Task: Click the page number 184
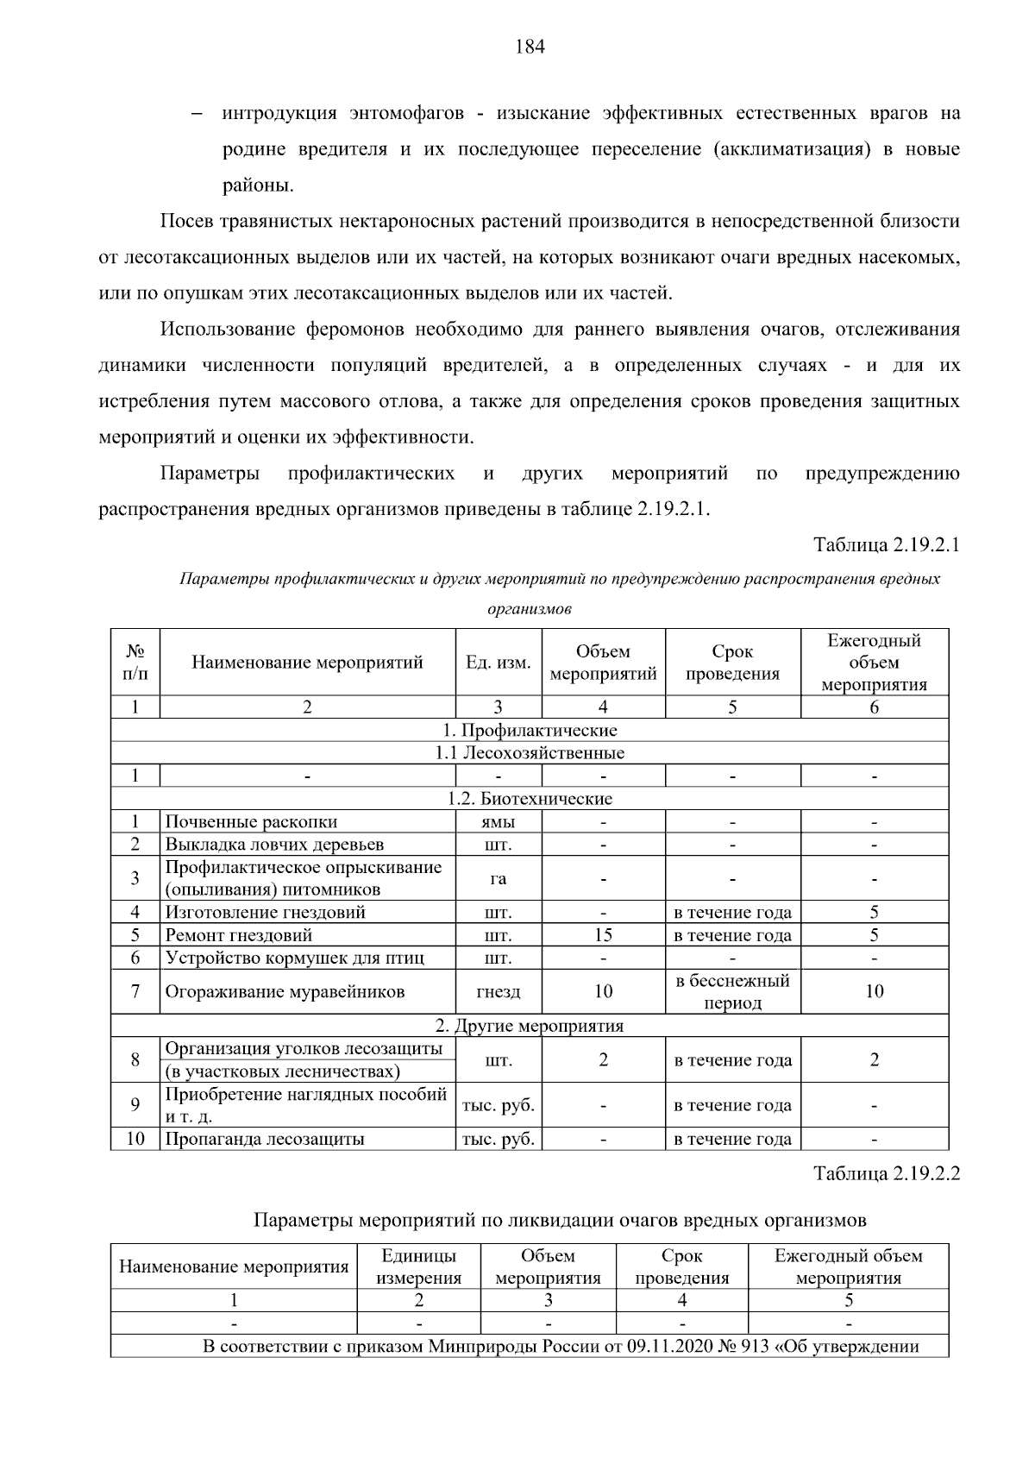tap(530, 47)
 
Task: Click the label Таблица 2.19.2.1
tap(887, 545)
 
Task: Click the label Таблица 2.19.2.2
tap(887, 1174)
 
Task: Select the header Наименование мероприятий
tap(307, 663)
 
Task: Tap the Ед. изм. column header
tap(499, 663)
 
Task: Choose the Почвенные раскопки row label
tap(251, 822)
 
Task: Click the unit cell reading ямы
tap(498, 822)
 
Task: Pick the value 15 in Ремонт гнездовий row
tap(603, 935)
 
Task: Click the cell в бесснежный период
tap(732, 992)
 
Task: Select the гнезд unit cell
tap(498, 992)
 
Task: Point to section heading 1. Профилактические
tap(530, 731)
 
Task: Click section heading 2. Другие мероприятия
tap(529, 1026)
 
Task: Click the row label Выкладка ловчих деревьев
tap(274, 845)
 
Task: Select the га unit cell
tap(498, 879)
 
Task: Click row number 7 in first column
tap(135, 992)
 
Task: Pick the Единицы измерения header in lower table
tap(419, 1267)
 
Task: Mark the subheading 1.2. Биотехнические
tap(530, 799)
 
